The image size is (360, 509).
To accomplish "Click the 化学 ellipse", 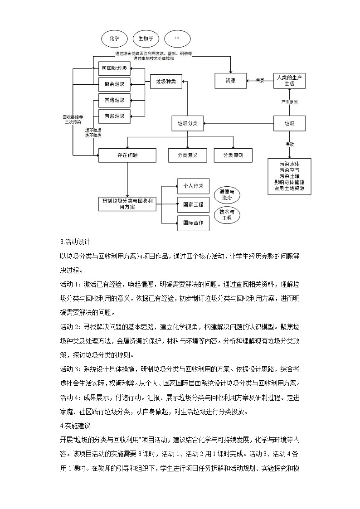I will tap(114, 39).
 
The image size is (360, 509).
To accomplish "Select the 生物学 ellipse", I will tap(146, 39).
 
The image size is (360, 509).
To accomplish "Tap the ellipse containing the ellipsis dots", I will tap(177, 39).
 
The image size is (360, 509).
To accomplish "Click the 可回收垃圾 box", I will tap(114, 68).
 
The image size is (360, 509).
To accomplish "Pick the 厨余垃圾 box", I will tap(114, 84).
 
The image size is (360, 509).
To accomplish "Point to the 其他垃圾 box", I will tap(114, 100).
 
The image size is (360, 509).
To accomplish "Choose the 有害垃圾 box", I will tap(114, 116).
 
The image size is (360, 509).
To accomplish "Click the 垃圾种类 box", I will tap(165, 82).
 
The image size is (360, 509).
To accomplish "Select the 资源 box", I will tap(230, 81).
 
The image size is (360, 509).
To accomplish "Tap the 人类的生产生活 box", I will tap(289, 81).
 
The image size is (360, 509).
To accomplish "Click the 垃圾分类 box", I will tap(188, 123).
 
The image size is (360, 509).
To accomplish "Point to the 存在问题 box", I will tap(127, 155).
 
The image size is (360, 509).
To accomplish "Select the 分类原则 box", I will tap(233, 155).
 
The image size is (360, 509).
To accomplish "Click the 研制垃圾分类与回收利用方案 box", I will tap(127, 204).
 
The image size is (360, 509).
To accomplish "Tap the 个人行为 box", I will tap(193, 186).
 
